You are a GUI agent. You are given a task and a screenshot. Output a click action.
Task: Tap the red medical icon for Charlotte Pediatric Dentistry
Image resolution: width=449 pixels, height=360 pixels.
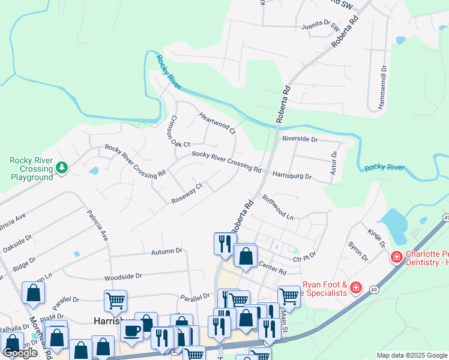396,257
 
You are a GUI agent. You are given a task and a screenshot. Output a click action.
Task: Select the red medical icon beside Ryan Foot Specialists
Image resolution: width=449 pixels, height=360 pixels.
356,289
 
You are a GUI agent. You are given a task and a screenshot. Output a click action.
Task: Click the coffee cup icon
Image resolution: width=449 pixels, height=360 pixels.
131,330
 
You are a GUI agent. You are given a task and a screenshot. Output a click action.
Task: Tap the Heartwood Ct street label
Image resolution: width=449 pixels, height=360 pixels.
217,123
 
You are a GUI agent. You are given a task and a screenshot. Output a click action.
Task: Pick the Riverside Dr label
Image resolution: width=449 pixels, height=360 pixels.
299,139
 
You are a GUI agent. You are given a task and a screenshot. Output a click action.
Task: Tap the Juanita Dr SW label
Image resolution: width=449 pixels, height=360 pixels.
323,25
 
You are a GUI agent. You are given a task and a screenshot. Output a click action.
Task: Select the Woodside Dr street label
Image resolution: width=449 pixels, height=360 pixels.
122,276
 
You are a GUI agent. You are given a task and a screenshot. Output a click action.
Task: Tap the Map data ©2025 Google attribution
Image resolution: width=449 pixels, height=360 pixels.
411,355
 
